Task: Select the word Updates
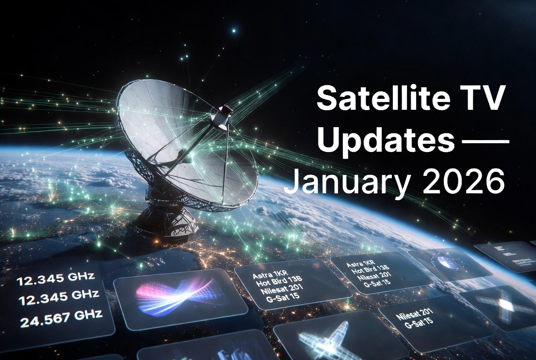(384, 140)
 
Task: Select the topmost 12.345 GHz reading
(55, 279)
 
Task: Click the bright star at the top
(234, 31)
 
